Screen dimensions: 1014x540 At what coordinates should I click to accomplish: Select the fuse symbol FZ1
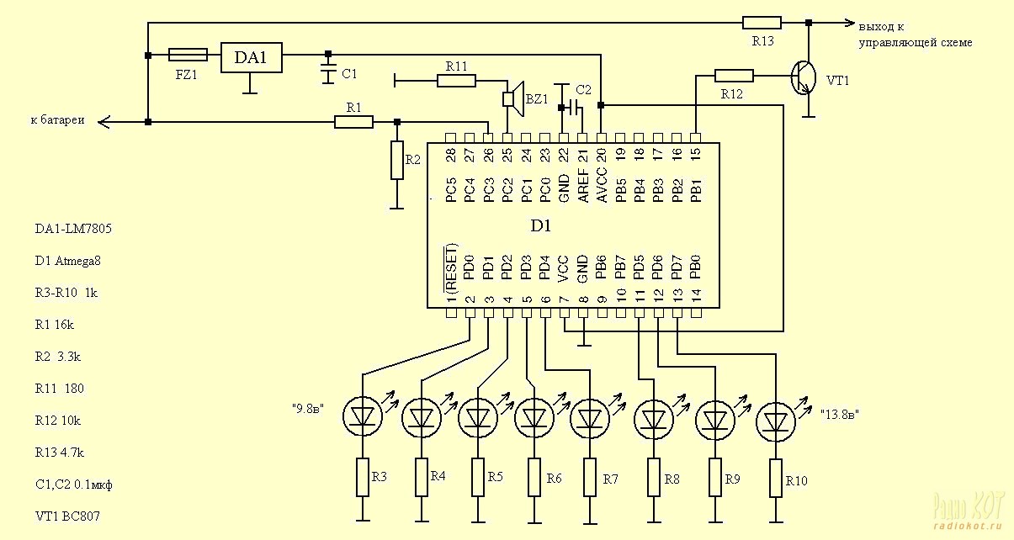[x=188, y=55]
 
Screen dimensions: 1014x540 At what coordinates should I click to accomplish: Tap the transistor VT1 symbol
[x=804, y=78]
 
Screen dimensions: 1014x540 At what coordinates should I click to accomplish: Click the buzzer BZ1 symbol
[x=513, y=98]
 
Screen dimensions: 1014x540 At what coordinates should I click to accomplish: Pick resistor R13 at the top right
[x=762, y=23]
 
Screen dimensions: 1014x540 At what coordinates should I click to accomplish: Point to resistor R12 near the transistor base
[x=734, y=76]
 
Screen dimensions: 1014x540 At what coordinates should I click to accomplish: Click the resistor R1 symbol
[x=353, y=122]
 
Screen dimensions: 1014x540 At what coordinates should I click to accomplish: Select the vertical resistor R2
[x=397, y=161]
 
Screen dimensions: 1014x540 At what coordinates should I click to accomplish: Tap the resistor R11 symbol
[x=456, y=81]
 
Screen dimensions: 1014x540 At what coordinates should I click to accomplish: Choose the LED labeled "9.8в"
[x=363, y=416]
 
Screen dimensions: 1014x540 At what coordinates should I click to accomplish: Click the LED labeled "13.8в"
[x=776, y=422]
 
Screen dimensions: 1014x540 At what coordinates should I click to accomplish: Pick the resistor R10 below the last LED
[x=776, y=478]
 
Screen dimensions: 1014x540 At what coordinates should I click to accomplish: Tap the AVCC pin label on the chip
[x=601, y=185]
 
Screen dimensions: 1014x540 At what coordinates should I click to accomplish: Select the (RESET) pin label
[x=450, y=268]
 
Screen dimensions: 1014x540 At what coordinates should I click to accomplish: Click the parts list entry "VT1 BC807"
[x=67, y=516]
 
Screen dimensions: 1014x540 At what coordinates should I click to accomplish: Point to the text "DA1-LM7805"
[x=73, y=229]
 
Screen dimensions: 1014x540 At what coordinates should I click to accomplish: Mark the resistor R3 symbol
[x=363, y=477]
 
